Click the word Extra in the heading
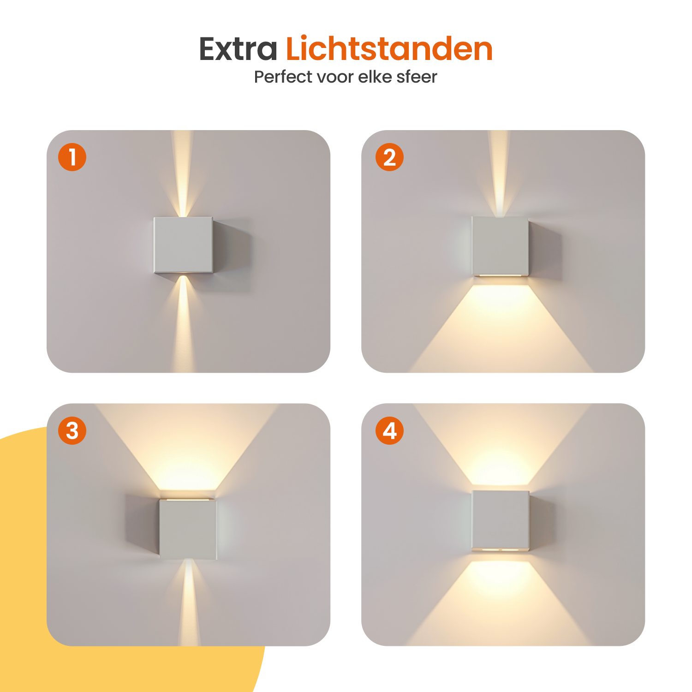point(238,49)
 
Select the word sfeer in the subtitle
point(417,77)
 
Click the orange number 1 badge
point(72,157)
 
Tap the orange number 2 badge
point(389,157)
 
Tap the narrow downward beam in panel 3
point(189,603)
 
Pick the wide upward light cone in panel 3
point(187,447)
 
